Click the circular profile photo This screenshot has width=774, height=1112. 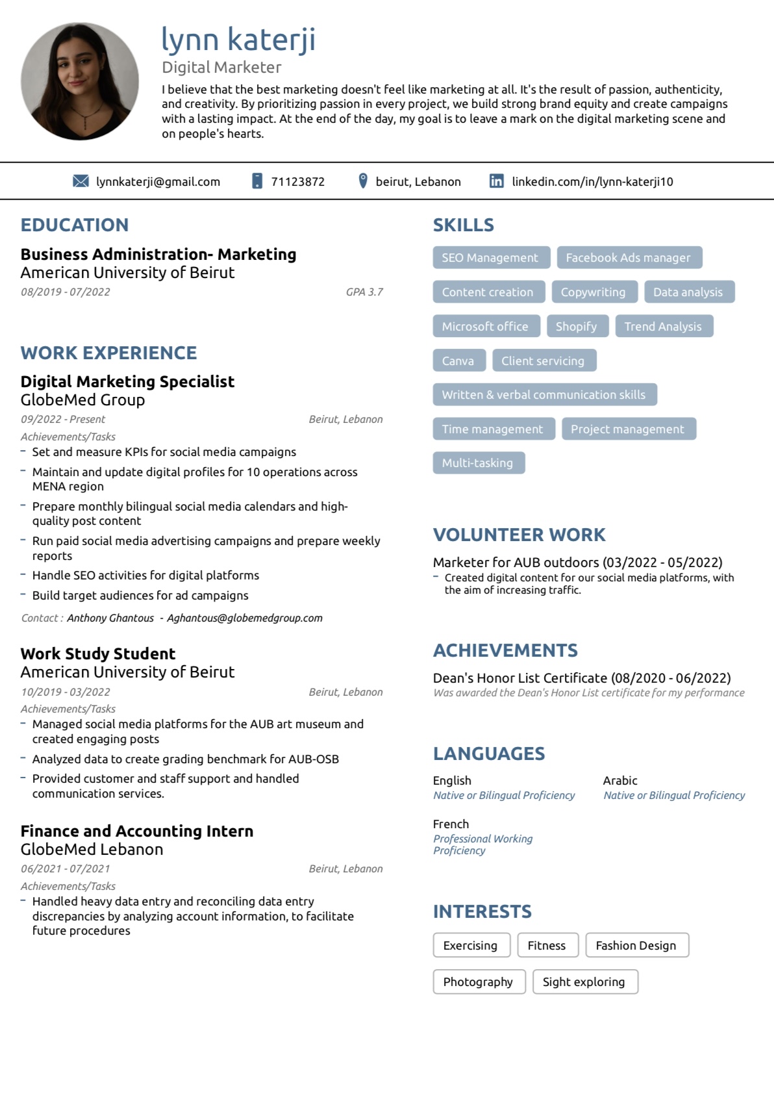point(80,81)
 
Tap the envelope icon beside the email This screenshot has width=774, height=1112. point(81,181)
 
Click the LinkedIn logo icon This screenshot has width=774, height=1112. point(496,181)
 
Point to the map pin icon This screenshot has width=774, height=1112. point(363,181)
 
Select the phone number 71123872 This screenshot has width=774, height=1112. point(297,182)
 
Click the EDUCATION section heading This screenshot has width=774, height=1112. point(75,225)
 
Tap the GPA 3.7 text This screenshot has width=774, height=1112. point(364,292)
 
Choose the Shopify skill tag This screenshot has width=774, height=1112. point(576,326)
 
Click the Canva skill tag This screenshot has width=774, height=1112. point(458,360)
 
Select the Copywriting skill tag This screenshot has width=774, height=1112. point(593,292)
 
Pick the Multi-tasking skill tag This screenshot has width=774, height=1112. point(478,463)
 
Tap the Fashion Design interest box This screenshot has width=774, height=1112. point(636,946)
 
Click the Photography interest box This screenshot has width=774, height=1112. point(478,982)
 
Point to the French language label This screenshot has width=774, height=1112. point(451,824)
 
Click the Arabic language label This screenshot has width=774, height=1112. point(620,781)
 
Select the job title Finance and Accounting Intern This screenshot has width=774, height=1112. point(137,831)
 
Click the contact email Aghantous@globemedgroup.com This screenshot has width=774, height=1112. point(245,618)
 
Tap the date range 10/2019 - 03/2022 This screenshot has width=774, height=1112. point(66,692)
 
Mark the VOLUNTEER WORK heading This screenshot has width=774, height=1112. point(519,535)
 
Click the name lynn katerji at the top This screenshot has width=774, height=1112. point(238,39)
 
